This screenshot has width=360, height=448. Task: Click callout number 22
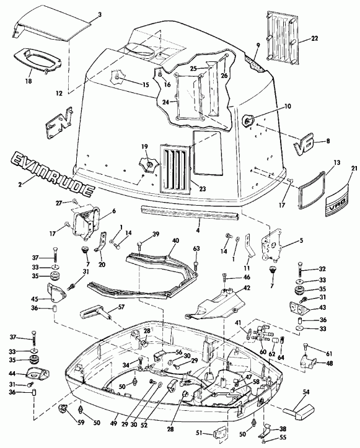(x=315, y=39)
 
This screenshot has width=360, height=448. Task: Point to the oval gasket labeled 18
(x=35, y=62)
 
